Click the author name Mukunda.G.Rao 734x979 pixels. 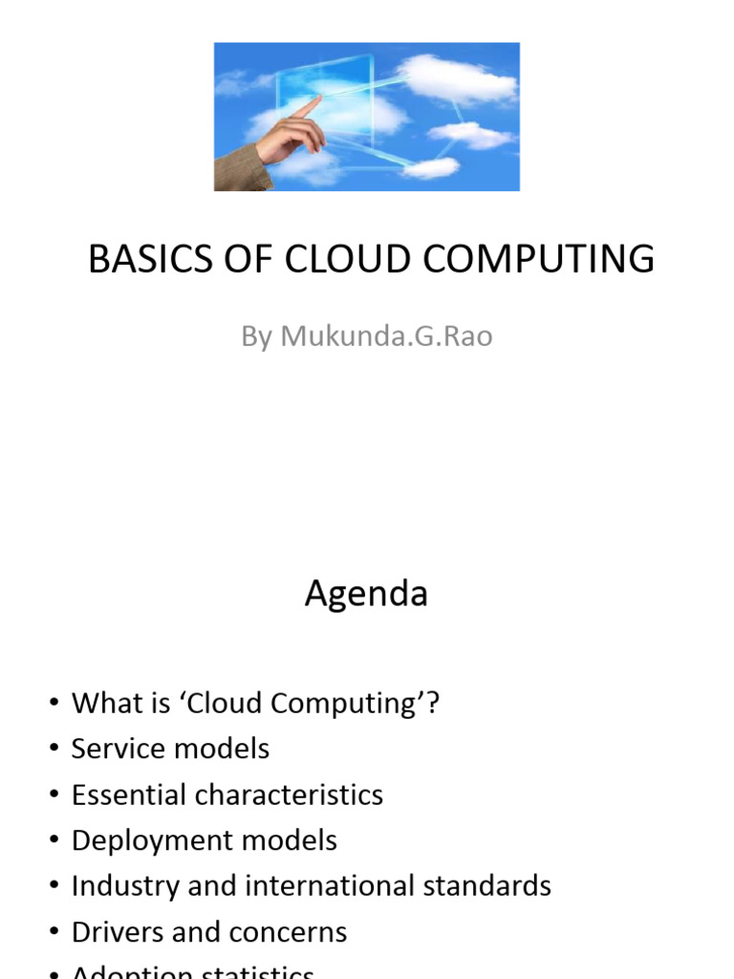tap(386, 337)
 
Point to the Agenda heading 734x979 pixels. tap(366, 595)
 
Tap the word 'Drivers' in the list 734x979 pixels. tap(114, 932)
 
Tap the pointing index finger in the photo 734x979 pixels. tap(307, 107)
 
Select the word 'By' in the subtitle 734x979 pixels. tap(257, 337)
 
